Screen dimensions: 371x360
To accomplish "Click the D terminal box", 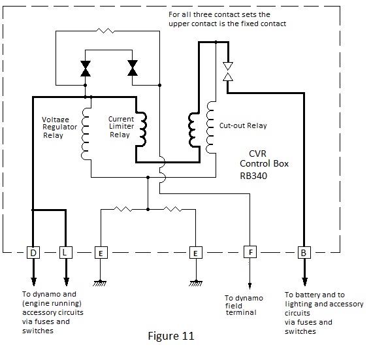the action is pos(33,253).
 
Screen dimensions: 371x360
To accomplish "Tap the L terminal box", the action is pos(66,252).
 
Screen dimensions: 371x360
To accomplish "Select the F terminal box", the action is pos(250,252).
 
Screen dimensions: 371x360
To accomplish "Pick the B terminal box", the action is pos(304,253).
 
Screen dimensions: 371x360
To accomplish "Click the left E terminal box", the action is pos(101,253).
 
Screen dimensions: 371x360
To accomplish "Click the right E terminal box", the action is pos(196,253).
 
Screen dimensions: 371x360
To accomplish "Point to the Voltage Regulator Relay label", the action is pos(59,127).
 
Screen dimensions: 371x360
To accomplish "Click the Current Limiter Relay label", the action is pos(121,127).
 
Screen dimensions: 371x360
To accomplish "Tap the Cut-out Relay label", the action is pos(243,125).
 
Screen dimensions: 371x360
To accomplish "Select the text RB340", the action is pos(253,176).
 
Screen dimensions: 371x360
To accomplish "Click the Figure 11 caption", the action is pos(171,336).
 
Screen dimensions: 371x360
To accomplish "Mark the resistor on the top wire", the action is pos(106,31).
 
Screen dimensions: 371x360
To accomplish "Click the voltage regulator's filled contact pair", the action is pos(86,69).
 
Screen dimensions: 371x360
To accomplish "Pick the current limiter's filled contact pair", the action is pos(133,68).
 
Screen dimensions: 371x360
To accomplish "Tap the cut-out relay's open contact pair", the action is pos(228,71).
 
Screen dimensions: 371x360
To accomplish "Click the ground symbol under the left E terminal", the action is pos(100,283).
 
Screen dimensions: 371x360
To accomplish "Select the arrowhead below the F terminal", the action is pos(250,286).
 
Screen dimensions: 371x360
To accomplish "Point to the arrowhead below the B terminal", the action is pos(305,282).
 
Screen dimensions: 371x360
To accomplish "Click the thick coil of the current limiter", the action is pos(141,129).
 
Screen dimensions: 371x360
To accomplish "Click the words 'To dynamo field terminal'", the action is pos(244,305).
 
